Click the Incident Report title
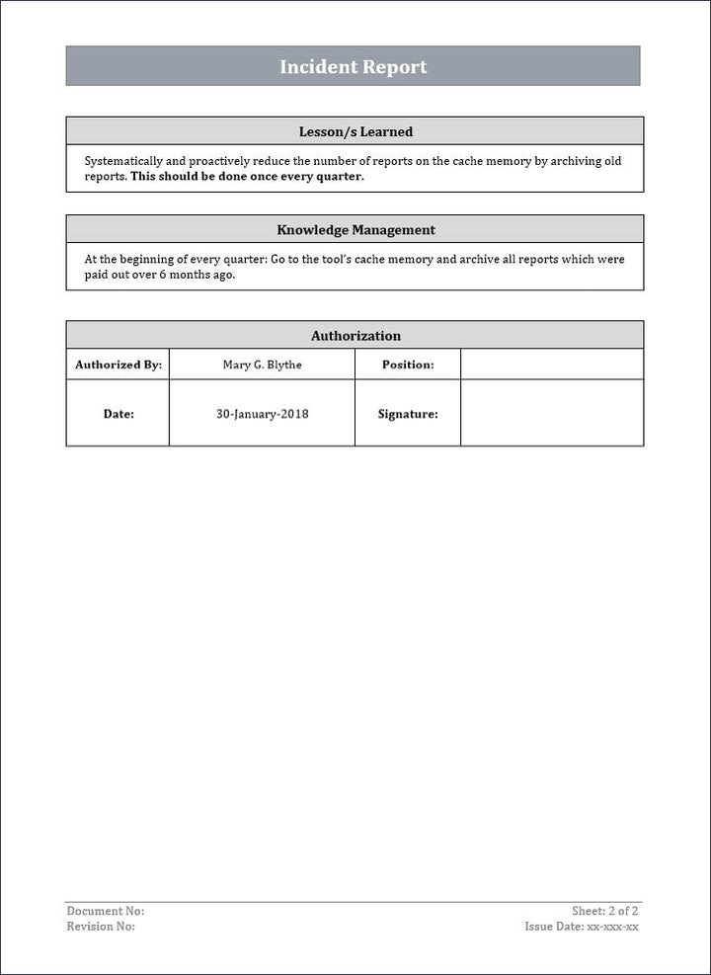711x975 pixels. pyautogui.click(x=353, y=67)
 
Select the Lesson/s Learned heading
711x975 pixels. pyautogui.click(x=355, y=131)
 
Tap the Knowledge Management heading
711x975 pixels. pyautogui.click(x=355, y=229)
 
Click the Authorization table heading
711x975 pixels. pyautogui.click(x=355, y=336)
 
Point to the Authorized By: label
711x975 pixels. pyautogui.click(x=118, y=365)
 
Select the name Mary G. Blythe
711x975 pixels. pyautogui.click(x=262, y=365)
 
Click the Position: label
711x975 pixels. pyautogui.click(x=408, y=365)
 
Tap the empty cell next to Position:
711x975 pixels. pyautogui.click(x=551, y=365)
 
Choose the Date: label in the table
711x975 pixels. pyautogui.click(x=118, y=414)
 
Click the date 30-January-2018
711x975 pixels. pyautogui.click(x=262, y=414)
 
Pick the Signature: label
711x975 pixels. pyautogui.click(x=408, y=414)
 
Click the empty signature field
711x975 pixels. pyautogui.click(x=551, y=414)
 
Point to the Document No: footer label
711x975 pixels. pyautogui.click(x=106, y=911)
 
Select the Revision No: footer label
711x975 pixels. pyautogui.click(x=101, y=927)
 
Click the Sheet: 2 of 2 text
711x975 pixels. pyautogui.click(x=604, y=911)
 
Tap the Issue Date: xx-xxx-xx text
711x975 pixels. pyautogui.click(x=582, y=927)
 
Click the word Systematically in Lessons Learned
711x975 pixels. pyautogui.click(x=123, y=161)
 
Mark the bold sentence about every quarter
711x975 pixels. pyautogui.click(x=248, y=177)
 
